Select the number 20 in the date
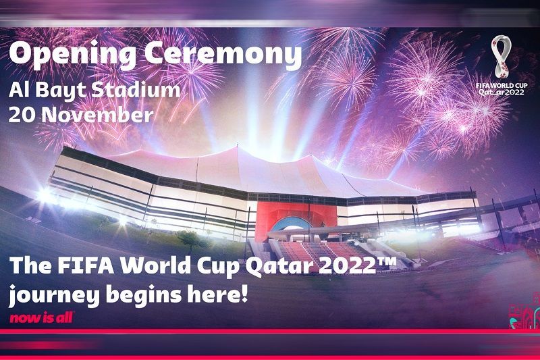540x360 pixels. click(22, 115)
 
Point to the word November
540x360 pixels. click(98, 115)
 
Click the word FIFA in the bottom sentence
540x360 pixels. click(86, 265)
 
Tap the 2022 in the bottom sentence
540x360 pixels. click(348, 265)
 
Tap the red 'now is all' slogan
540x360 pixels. click(42, 318)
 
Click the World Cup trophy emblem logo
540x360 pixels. click(502, 57)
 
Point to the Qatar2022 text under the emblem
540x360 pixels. click(501, 93)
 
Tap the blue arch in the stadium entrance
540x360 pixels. click(291, 222)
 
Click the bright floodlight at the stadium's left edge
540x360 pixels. click(45, 195)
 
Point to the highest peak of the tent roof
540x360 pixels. click(237, 147)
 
